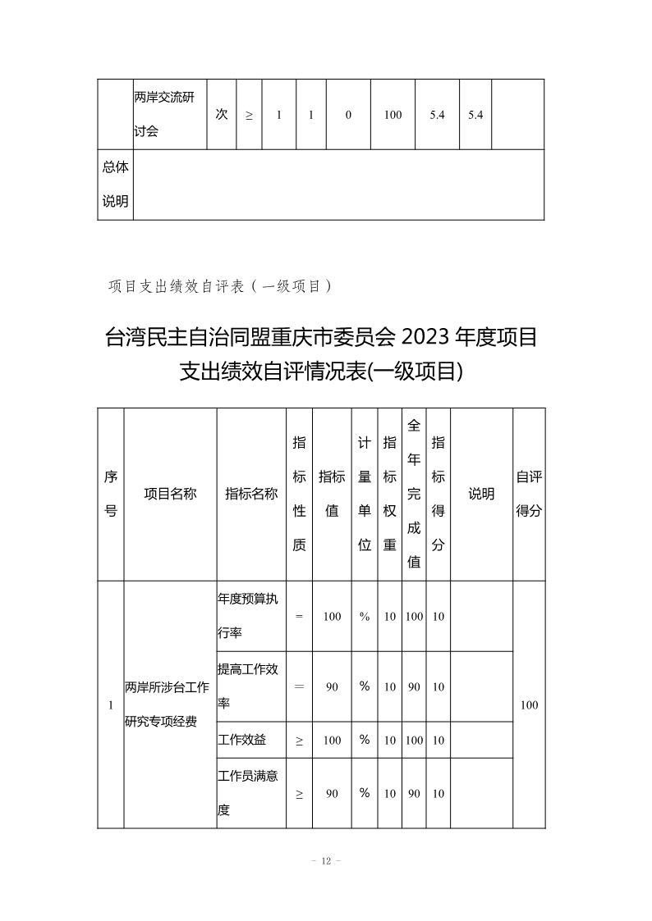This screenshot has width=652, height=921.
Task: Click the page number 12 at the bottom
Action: [x=326, y=860]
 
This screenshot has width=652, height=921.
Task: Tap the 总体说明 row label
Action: [x=116, y=184]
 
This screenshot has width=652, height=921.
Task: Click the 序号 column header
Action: [x=111, y=494]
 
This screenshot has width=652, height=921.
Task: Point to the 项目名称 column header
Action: [x=170, y=494]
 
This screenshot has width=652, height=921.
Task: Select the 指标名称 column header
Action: [x=251, y=494]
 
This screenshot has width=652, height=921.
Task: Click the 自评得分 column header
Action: [x=529, y=494]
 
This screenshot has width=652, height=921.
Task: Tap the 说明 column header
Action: [x=481, y=494]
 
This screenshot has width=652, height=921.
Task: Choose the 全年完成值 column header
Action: [x=415, y=494]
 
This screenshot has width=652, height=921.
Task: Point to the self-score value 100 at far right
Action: [x=529, y=704]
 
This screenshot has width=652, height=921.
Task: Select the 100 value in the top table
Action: [x=393, y=115]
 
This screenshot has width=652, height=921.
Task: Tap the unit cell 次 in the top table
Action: [x=222, y=115]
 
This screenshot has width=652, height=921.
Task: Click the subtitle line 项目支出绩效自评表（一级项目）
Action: [x=220, y=285]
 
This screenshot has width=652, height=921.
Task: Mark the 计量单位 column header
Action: [x=365, y=494]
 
